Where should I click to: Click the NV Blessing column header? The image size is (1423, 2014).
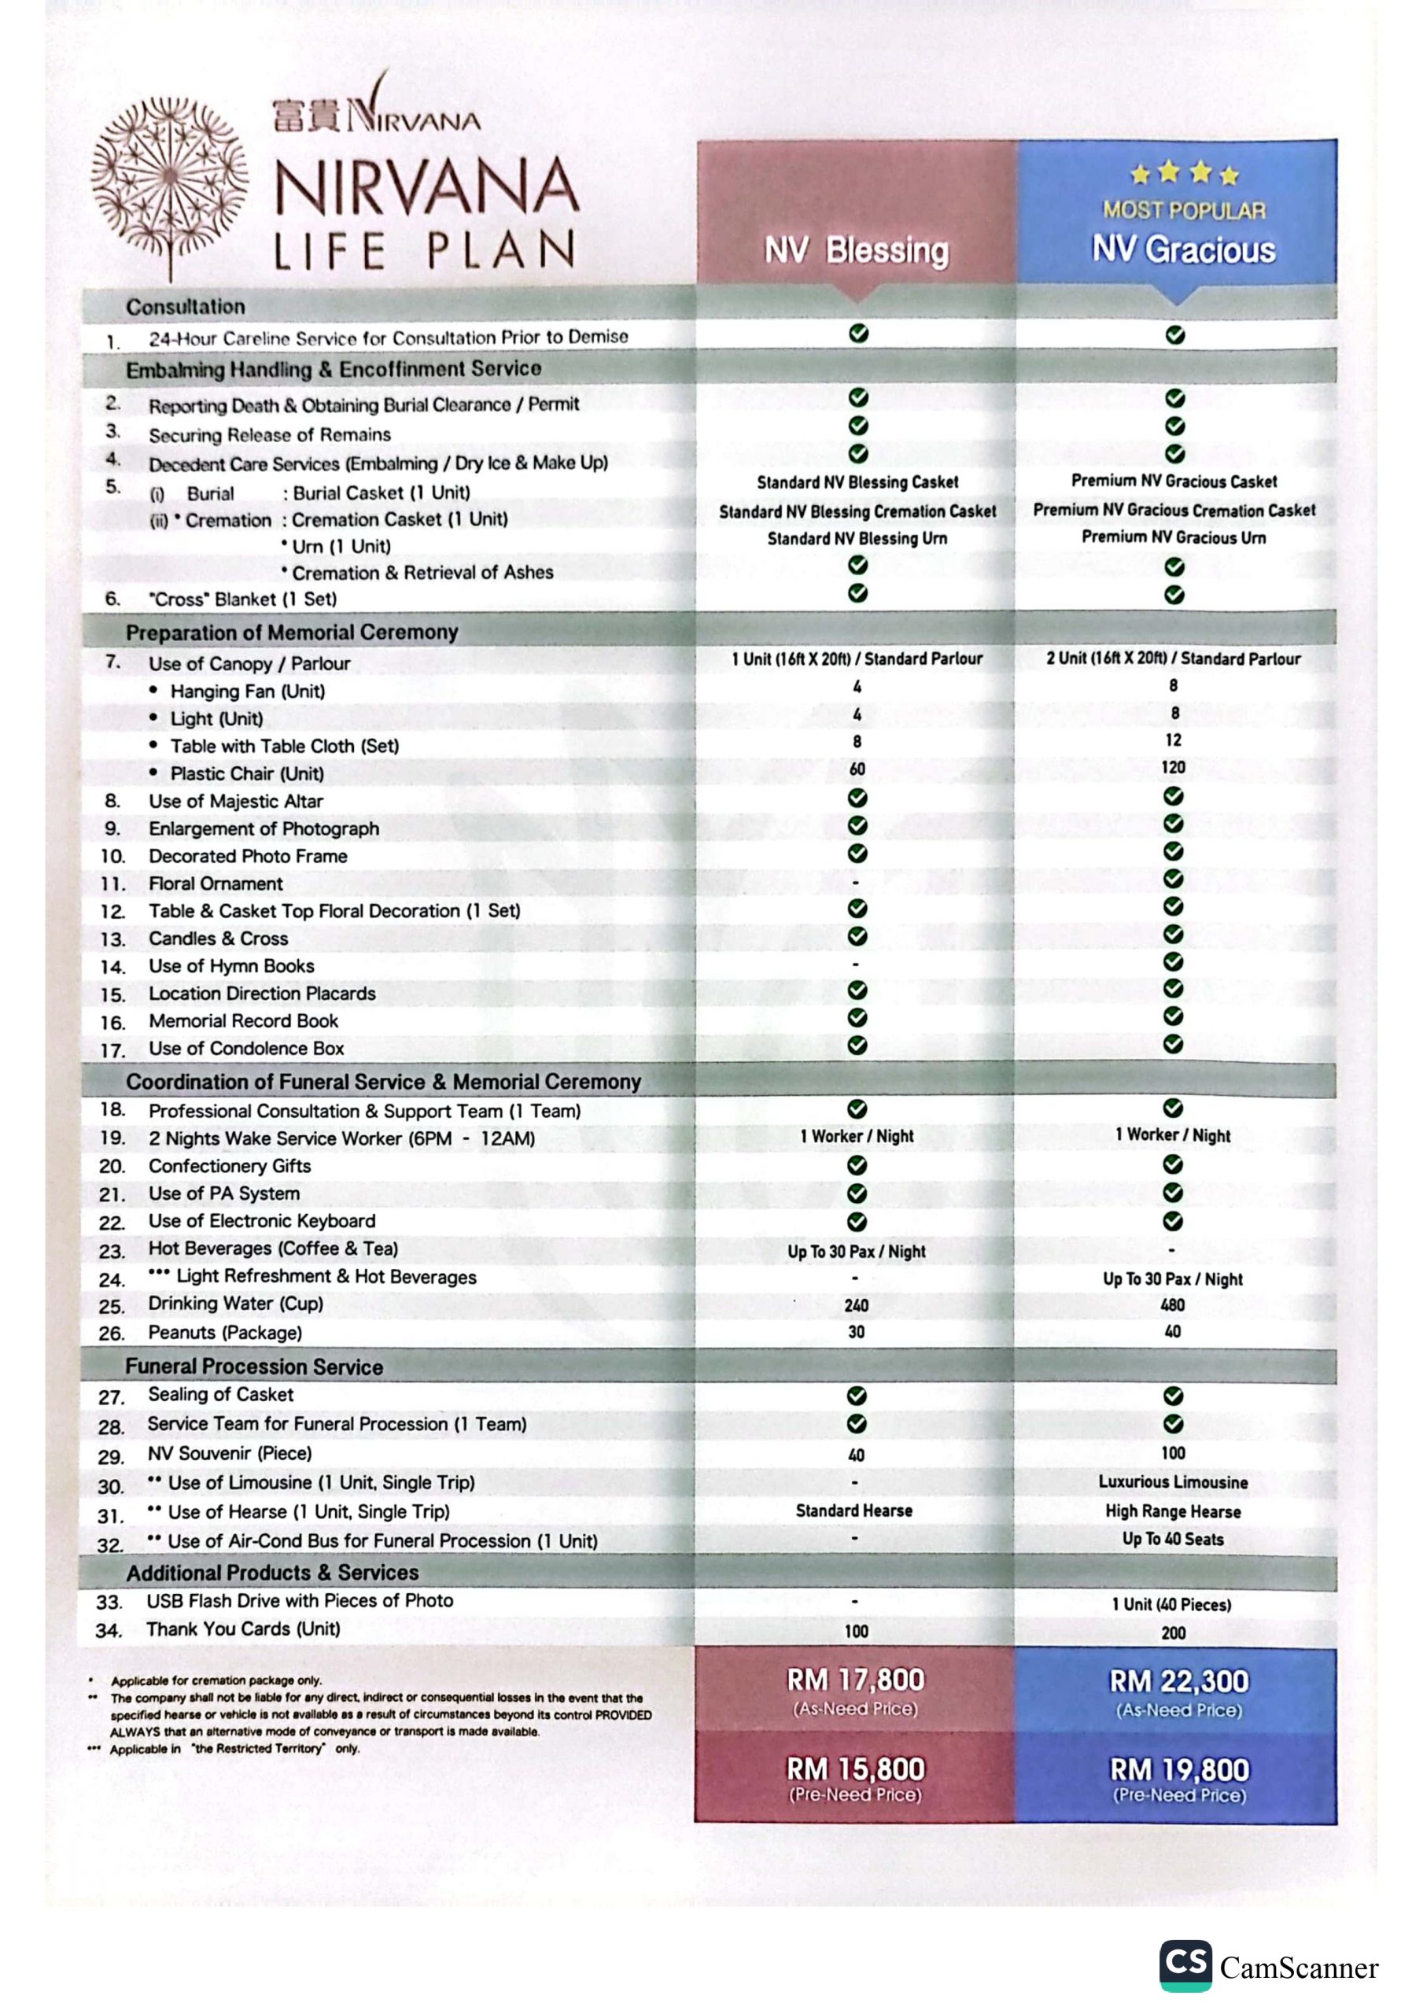point(857,251)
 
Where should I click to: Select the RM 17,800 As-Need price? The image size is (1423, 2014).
point(855,1680)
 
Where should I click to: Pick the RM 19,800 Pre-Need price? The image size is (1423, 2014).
point(1179,1769)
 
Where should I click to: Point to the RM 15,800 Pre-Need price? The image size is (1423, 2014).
point(855,1769)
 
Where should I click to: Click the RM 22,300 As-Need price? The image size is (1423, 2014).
point(1179,1680)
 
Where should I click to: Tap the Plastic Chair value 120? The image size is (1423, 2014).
point(1173,768)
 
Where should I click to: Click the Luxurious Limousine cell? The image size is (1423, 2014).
point(1173,1481)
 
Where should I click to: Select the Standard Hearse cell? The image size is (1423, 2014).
point(853,1510)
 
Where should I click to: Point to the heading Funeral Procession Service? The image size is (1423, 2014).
point(253,1367)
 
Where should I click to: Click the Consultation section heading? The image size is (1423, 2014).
point(185,307)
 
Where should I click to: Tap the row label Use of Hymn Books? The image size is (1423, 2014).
point(230,966)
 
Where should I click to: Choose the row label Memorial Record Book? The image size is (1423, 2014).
point(243,1021)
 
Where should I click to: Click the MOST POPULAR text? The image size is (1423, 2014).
point(1185,211)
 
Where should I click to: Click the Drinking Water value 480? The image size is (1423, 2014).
point(1172,1305)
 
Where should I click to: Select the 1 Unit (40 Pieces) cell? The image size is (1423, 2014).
point(1171,1604)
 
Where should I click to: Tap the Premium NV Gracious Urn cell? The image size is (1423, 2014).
point(1173,537)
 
